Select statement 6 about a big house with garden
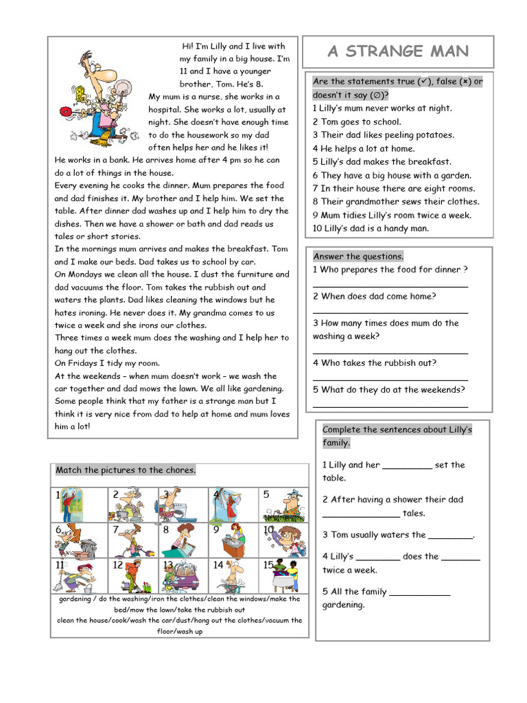392,175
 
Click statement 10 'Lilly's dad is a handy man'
371,229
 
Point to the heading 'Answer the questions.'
358,256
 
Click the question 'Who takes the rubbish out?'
375,363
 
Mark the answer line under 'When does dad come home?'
390,312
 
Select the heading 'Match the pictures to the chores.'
126,470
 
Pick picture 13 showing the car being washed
183,575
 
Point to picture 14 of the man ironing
233,575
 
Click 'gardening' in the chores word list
75,599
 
